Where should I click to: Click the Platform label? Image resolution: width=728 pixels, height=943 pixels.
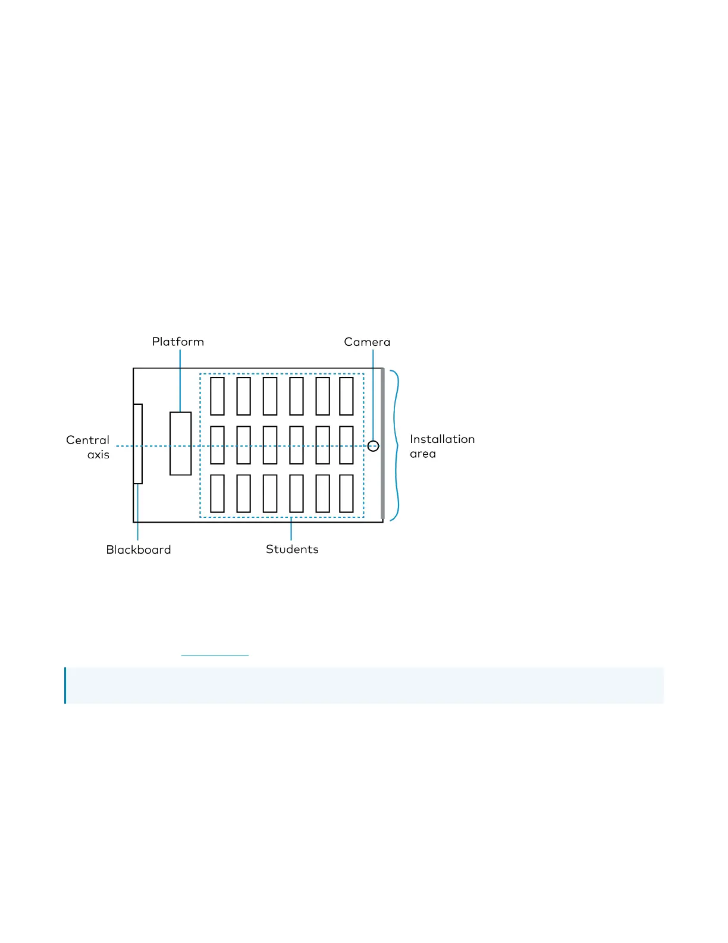pos(178,342)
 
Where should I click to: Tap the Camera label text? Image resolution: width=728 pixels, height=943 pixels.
pos(367,342)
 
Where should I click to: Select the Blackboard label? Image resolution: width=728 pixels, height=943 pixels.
pos(139,549)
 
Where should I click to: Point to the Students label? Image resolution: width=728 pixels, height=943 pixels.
pos(292,549)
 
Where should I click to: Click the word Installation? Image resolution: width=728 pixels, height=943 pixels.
pos(442,439)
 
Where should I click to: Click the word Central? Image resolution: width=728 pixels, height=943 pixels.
pos(87,440)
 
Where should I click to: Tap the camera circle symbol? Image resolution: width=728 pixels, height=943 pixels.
pos(373,446)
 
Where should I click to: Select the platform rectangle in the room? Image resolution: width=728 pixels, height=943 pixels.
pos(180,444)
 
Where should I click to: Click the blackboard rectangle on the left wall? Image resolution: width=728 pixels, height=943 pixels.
pos(138,444)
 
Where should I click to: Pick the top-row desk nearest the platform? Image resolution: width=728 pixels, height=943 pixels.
pos(218,396)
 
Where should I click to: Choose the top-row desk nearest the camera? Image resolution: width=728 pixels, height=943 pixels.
pos(346,396)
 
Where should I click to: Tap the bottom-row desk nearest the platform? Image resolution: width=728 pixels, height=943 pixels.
pos(218,494)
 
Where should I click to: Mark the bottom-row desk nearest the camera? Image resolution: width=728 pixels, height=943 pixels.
pos(346,494)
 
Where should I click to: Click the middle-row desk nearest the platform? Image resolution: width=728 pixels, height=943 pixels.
pos(218,445)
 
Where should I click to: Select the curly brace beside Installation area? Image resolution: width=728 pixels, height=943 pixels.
pos(396,445)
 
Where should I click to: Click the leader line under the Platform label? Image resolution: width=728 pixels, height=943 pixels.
pos(180,381)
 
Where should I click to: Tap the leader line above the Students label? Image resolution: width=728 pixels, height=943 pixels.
pos(291,529)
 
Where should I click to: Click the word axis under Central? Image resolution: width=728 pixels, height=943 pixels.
pos(98,455)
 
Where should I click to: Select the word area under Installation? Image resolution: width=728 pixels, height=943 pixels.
pos(423,454)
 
